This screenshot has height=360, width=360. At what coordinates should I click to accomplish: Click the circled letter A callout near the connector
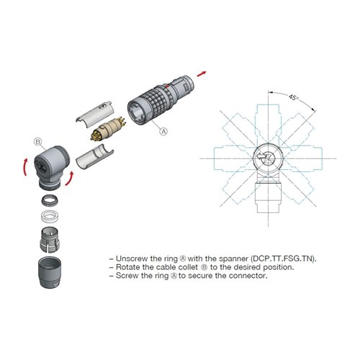click(x=163, y=132)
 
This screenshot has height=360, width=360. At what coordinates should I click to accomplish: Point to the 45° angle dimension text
click(x=292, y=95)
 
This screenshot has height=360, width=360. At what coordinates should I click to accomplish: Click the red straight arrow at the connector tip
click(x=207, y=73)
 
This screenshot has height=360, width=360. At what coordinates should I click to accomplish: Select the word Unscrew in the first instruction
click(x=132, y=258)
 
